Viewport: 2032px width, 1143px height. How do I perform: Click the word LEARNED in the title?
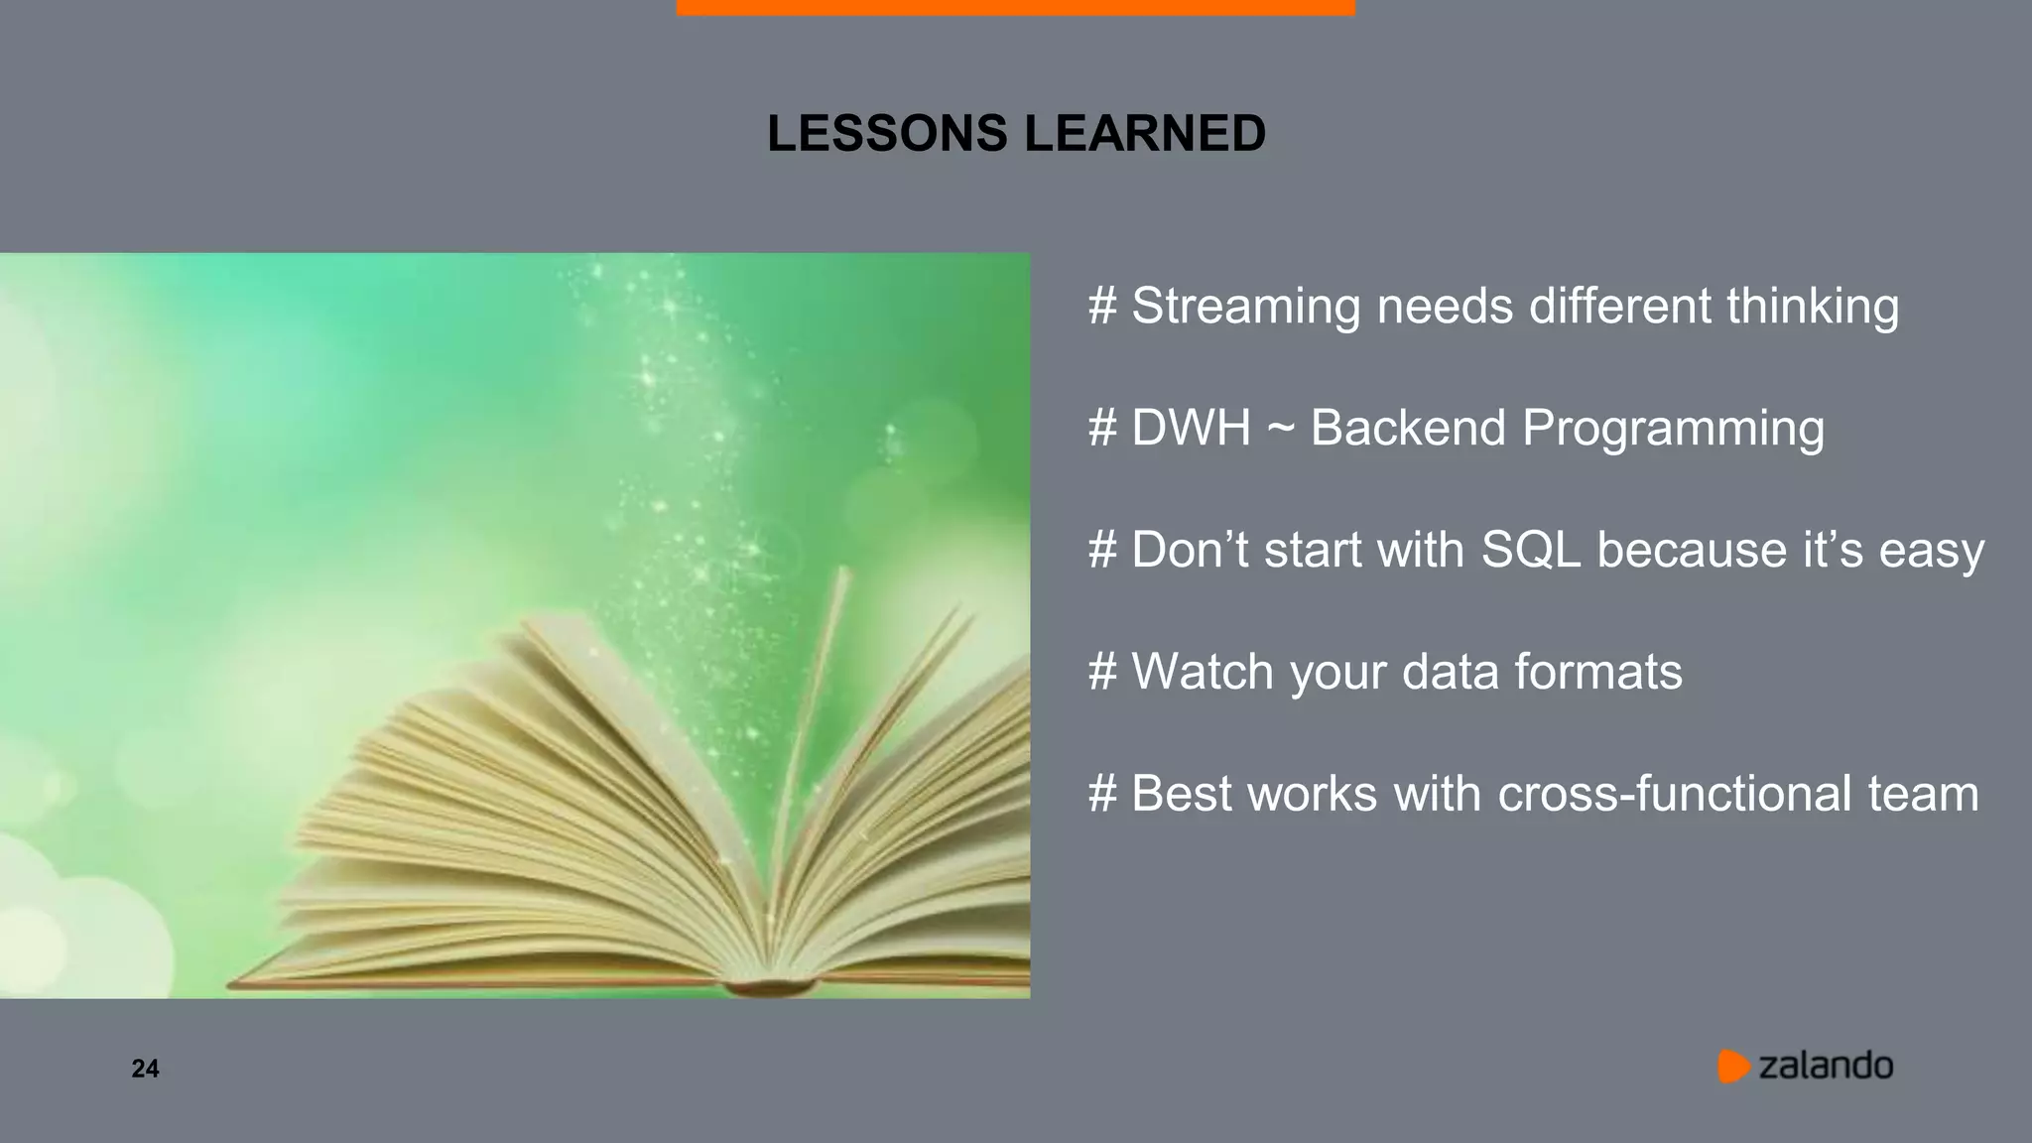click(x=1145, y=134)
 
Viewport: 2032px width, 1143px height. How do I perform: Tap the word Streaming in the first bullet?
click(x=1245, y=306)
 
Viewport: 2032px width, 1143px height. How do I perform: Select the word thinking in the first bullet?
click(x=1812, y=306)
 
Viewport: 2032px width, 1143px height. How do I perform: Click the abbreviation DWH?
click(x=1191, y=428)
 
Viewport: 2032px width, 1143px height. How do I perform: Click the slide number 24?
click(x=145, y=1069)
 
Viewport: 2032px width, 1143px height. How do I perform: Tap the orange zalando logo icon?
click(x=1732, y=1066)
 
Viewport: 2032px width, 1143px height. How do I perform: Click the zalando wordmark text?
click(x=1826, y=1066)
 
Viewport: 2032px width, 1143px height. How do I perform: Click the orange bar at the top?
click(x=1015, y=7)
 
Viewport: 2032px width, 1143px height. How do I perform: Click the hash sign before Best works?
click(x=1102, y=794)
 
